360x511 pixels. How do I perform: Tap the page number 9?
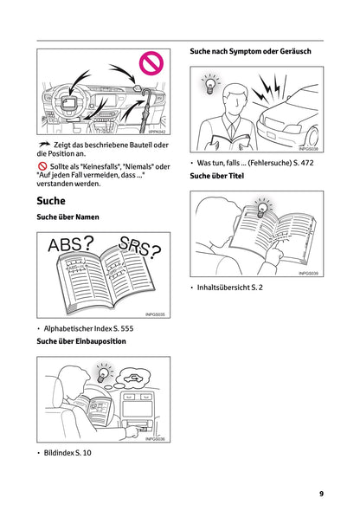coord(321,494)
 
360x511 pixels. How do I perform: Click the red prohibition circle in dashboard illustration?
coord(152,63)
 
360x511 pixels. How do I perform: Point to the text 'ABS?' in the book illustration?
coord(71,246)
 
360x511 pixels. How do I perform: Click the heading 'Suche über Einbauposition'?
coord(81,342)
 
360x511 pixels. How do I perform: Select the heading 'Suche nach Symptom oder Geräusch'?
coord(250,52)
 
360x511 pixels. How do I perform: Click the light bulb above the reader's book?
coord(261,209)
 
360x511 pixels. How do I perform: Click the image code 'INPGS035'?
coord(156,314)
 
